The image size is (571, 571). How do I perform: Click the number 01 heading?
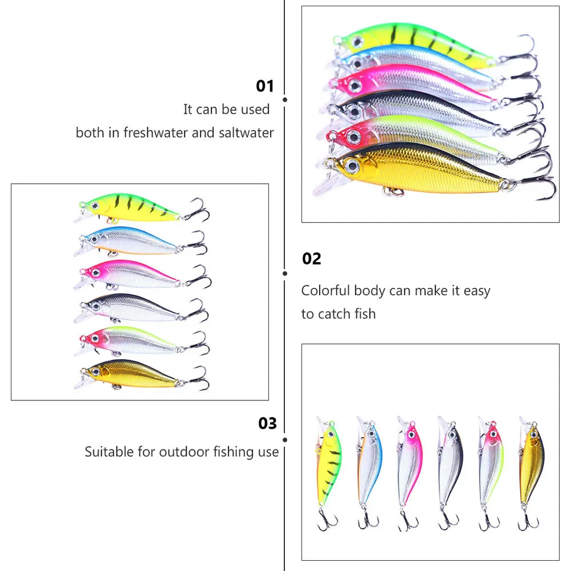coord(265,86)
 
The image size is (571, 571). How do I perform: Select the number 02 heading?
coord(311,259)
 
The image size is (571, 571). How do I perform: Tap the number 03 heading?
coord(267,423)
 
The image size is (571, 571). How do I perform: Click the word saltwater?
coord(246,132)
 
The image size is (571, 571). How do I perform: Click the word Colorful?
coord(325,290)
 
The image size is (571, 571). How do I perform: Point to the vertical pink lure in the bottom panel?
coord(409,463)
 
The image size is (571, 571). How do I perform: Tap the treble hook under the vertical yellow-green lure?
coord(328,520)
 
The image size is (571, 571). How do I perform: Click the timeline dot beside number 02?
coord(285,274)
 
